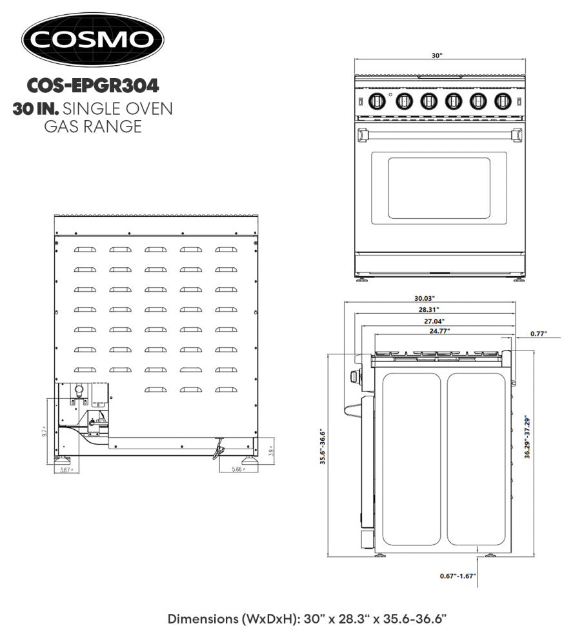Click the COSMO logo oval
coord(93,40)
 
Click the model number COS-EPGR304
coord(93,85)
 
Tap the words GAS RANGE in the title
coord(93,127)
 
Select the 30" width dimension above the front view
coord(437,56)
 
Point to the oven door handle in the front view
coord(438,134)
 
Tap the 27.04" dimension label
coord(434,320)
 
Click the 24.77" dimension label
coord(439,330)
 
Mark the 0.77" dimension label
coord(538,334)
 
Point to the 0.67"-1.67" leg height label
coord(457,575)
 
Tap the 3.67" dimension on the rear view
coord(64,470)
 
